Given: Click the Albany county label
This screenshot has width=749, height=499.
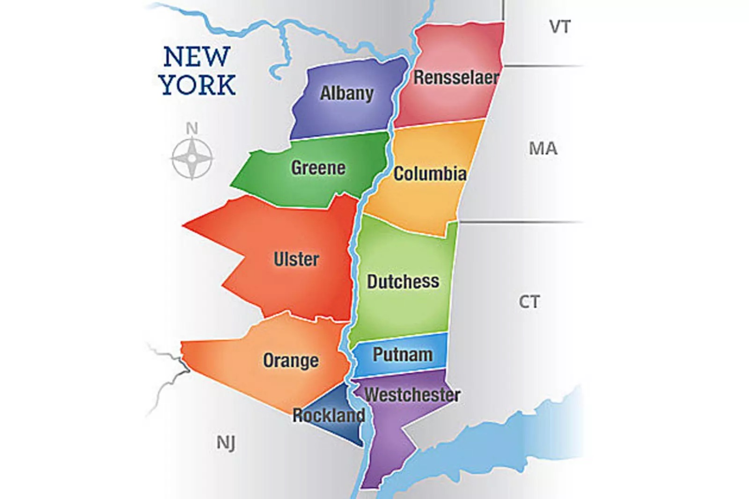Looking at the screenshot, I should pos(346,93).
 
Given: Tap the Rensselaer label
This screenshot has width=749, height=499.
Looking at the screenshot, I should pos(456,78).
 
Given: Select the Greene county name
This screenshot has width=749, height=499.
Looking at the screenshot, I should pos(318,168).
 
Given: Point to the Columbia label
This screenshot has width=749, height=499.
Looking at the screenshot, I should pos(430,174).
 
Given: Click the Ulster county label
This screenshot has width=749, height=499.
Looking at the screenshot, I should pos(296,259).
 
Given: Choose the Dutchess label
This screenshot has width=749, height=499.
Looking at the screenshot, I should pos(403,281).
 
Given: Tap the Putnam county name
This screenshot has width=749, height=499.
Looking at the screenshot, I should pos(403,354).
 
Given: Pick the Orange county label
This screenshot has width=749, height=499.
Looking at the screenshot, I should pos(291,360).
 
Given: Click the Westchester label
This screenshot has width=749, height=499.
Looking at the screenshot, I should pos(412,395).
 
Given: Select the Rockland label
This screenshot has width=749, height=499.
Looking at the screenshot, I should pos(329,415).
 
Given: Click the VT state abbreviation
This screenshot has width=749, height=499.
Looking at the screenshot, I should pos(560,27).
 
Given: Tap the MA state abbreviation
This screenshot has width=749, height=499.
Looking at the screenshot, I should pos(543,148).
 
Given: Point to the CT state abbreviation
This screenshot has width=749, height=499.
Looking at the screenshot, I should pos(529,302).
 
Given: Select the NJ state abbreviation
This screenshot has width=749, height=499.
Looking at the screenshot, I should pos(226,442).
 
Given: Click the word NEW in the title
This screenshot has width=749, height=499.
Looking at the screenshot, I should pos(197,57).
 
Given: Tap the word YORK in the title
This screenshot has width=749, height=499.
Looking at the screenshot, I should pos(197,85).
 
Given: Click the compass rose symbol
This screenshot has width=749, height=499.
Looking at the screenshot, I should pos(192,158).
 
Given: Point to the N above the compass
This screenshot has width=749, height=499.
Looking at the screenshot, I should pos(192,128).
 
